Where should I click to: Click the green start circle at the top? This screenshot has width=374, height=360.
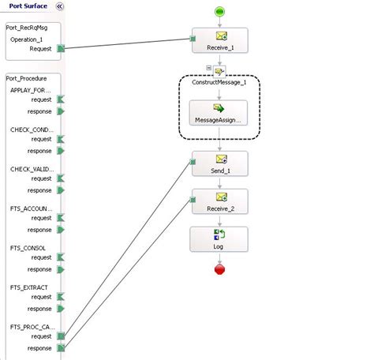pos(219,11)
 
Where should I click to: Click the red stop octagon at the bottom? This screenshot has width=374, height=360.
pos(219,270)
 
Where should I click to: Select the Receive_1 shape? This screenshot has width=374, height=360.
pos(219,41)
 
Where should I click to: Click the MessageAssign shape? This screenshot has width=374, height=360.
pos(219,114)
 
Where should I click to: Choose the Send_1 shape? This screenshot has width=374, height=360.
pos(219,164)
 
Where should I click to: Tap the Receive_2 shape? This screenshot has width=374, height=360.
pos(219,202)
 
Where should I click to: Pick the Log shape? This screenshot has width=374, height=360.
pos(219,240)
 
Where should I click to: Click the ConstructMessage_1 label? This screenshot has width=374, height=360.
pos(219,82)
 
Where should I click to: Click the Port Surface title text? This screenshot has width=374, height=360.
pos(24,6)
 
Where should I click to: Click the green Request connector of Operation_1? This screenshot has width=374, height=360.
pos(61,49)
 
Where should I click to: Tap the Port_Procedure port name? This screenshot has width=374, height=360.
pos(26,78)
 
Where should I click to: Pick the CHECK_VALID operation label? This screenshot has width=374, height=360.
pos(31,169)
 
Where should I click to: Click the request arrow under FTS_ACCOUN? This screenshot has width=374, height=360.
pos(61,218)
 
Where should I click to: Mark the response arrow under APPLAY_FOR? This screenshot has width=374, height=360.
pos(61,111)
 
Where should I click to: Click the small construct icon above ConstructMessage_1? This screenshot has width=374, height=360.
pos(219,69)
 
